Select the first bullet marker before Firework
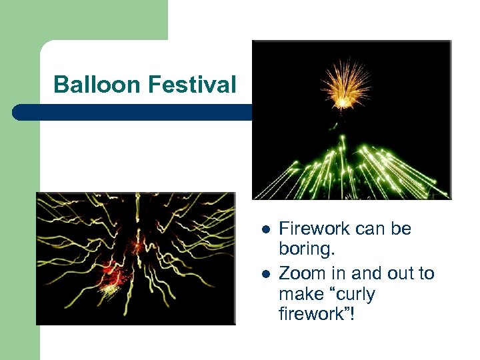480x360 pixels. click(x=265, y=229)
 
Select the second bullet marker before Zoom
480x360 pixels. click(x=265, y=274)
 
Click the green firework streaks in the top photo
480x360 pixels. click(x=353, y=167)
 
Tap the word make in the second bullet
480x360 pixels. click(x=300, y=294)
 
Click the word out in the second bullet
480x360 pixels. click(x=390, y=273)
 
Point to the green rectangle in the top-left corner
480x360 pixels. click(x=83, y=20)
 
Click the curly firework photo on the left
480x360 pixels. click(x=135, y=258)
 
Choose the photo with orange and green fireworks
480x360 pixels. click(x=351, y=120)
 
